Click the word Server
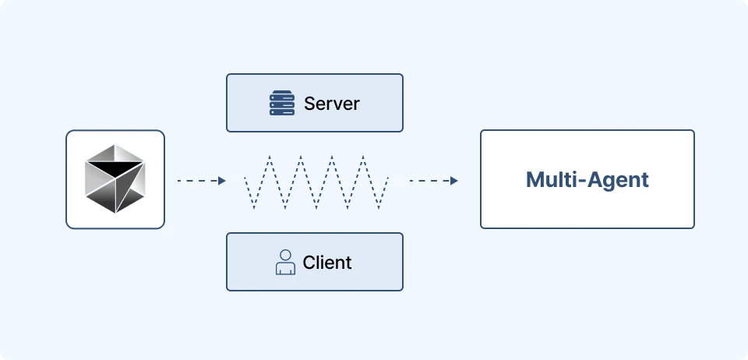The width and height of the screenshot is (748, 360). pos(332,104)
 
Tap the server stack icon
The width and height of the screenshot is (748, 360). pos(282,103)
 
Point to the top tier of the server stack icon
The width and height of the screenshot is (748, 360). pos(282,93)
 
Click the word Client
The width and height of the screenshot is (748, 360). pos(327,263)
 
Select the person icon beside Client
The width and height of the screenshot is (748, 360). pos(285,263)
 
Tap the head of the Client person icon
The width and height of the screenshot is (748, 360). pos(285,255)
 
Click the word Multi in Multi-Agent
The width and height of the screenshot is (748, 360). pos(547,180)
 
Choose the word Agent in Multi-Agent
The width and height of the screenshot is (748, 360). pos(613,181)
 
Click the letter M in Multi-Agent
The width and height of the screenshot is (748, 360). pos(535,180)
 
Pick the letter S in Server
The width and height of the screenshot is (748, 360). pos(309,104)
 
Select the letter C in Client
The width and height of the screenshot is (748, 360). pos(309,263)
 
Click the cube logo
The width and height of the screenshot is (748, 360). pos(115,178)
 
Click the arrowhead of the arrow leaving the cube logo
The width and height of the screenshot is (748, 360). pos(222,181)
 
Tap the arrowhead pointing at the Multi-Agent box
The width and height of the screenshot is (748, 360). pos(453,181)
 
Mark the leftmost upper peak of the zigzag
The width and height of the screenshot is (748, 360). pos(270,155)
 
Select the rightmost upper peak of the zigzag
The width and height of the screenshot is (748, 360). pos(363,155)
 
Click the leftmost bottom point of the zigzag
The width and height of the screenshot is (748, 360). pos(254,208)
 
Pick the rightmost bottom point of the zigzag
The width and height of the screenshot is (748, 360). pos(379,208)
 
